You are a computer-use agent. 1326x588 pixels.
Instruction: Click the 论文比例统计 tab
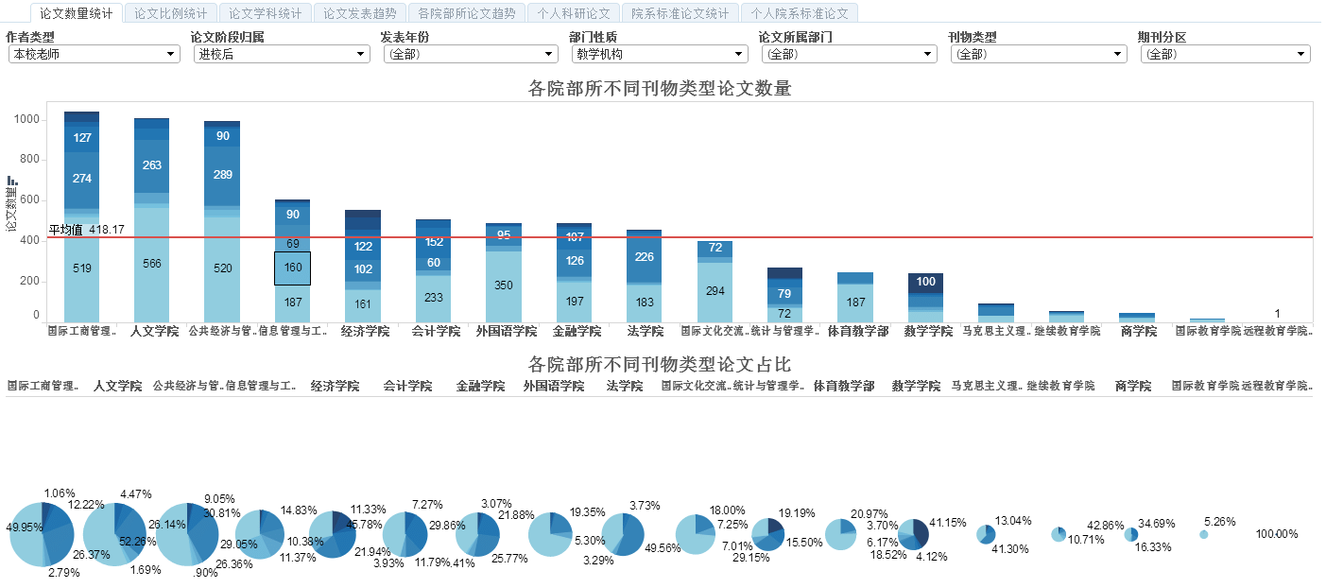click(170, 13)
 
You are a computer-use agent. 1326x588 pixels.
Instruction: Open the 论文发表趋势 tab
click(360, 13)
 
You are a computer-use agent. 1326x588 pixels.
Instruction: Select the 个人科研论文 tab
click(574, 13)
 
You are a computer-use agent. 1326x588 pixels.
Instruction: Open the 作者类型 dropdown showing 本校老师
click(93, 55)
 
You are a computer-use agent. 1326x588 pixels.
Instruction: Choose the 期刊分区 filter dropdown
click(1225, 55)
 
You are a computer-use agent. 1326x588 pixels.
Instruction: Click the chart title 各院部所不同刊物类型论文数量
click(659, 90)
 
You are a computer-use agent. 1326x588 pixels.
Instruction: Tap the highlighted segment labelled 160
click(292, 268)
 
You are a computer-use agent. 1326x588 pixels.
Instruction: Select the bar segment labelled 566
click(151, 265)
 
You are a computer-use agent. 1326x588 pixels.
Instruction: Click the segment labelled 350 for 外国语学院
click(503, 285)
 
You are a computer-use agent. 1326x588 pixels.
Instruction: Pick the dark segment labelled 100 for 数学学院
click(925, 282)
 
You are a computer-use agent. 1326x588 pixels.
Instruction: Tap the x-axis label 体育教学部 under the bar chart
click(855, 332)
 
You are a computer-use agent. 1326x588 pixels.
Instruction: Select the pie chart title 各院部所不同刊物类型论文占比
click(659, 365)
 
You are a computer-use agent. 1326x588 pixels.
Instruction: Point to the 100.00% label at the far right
click(1276, 534)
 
